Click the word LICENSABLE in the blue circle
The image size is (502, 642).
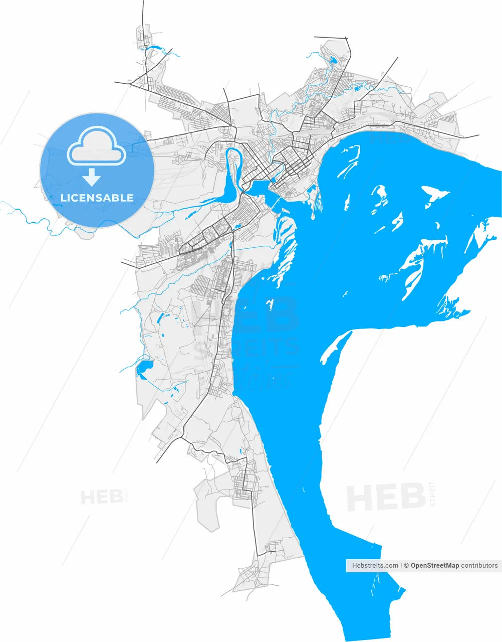click(x=97, y=198)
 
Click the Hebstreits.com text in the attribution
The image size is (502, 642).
click(x=375, y=565)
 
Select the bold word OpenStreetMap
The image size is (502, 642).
click(x=434, y=565)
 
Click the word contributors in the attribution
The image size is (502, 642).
click(x=479, y=565)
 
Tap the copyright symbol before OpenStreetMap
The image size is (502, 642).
click(x=407, y=565)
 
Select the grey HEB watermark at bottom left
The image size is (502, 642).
click(x=102, y=497)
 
